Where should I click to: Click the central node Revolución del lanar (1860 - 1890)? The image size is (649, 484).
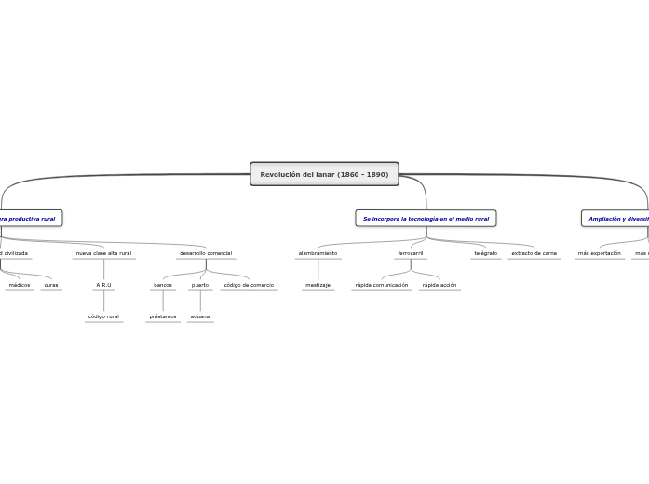pyautogui.click(x=324, y=174)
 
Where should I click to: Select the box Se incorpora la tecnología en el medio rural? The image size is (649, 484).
pyautogui.click(x=426, y=218)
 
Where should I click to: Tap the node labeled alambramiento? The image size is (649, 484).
pyautogui.click(x=318, y=253)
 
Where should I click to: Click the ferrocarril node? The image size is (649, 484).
pyautogui.click(x=411, y=253)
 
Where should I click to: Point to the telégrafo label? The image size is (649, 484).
pyautogui.click(x=485, y=253)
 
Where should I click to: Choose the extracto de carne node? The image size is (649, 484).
pyautogui.click(x=534, y=253)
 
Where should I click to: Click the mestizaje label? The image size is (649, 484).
pyautogui.click(x=318, y=285)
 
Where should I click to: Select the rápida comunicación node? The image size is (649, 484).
pyautogui.click(x=382, y=285)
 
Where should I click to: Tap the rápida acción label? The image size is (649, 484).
pyautogui.click(x=439, y=285)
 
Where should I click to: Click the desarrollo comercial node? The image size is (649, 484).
pyautogui.click(x=206, y=253)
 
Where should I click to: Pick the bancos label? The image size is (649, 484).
pyautogui.click(x=163, y=285)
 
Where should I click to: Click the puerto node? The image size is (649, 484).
pyautogui.click(x=200, y=285)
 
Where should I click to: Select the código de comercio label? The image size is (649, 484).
pyautogui.click(x=249, y=285)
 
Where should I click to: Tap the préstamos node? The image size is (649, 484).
pyautogui.click(x=163, y=316)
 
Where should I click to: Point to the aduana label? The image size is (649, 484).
pyautogui.click(x=200, y=316)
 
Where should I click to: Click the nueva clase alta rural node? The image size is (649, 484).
pyautogui.click(x=103, y=253)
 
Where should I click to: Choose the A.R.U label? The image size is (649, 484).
pyautogui.click(x=103, y=285)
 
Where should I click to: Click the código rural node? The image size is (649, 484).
pyautogui.click(x=103, y=316)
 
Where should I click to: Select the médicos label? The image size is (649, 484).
pyautogui.click(x=20, y=285)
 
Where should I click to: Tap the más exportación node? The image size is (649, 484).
pyautogui.click(x=599, y=253)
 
